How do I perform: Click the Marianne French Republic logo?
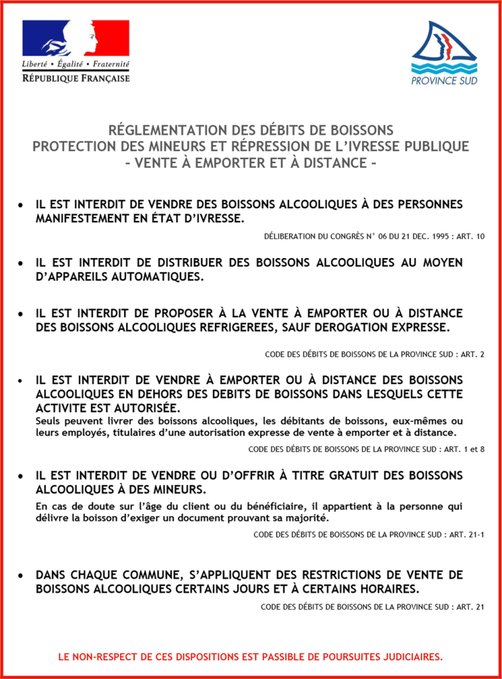76,39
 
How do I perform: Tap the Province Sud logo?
444,53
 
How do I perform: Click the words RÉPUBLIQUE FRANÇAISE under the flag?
76,78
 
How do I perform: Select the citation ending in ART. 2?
375,354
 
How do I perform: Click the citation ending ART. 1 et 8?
366,449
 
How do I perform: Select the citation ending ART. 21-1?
369,534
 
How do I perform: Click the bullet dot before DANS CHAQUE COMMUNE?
22,575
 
